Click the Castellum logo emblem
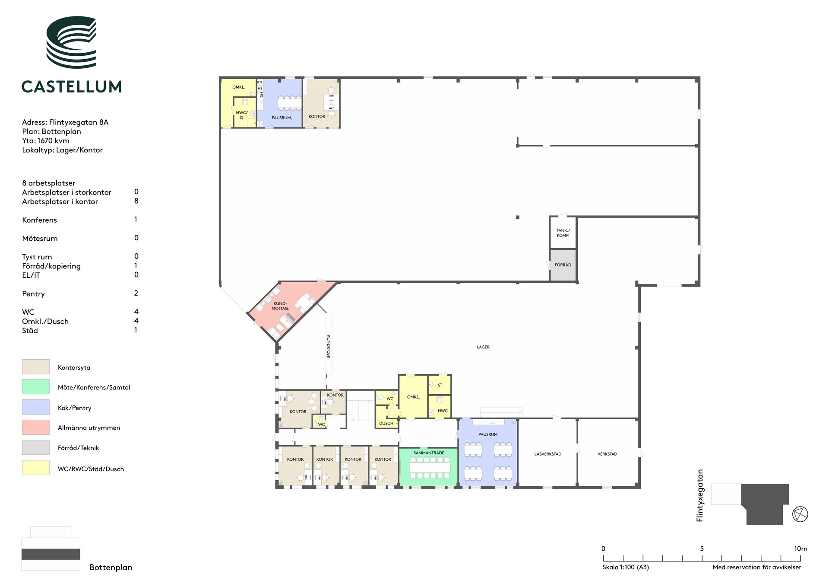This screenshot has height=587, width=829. (72, 42)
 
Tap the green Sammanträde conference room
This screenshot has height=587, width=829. (428, 467)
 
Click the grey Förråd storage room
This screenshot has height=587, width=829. (563, 265)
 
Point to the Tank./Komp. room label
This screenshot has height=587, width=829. (563, 233)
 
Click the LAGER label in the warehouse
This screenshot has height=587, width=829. (483, 347)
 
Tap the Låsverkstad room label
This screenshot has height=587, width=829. (548, 454)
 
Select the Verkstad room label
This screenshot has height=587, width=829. (607, 454)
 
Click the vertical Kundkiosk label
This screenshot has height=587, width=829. (329, 346)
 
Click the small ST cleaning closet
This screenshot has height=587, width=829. (440, 385)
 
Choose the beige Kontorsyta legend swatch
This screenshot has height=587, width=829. (36, 367)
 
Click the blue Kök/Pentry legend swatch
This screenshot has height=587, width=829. (36, 407)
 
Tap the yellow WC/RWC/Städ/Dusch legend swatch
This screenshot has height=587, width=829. (36, 468)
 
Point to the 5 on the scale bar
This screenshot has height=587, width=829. (702, 549)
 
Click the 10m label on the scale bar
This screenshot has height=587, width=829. (801, 549)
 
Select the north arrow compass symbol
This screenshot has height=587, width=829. (800, 514)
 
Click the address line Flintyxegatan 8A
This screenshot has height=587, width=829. (65, 122)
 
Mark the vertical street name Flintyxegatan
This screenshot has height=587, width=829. (700, 495)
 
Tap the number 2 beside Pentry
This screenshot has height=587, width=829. (136, 293)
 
